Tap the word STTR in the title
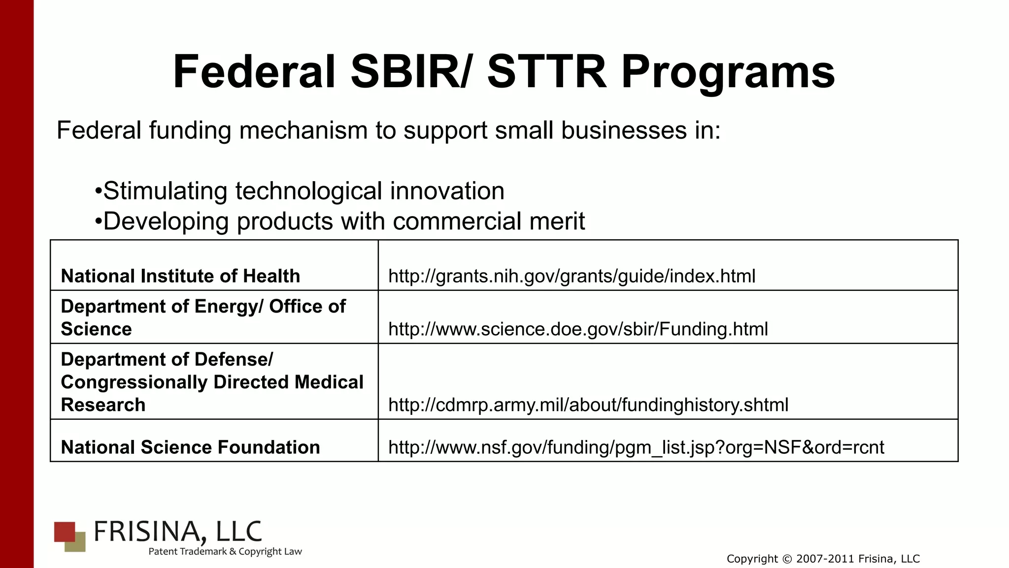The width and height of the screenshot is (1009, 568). click(x=546, y=72)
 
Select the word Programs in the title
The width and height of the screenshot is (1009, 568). click(x=728, y=72)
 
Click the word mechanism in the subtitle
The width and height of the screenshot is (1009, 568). click(x=303, y=130)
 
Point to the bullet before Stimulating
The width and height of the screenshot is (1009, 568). click(x=98, y=191)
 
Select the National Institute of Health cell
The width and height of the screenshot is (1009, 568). click(x=180, y=276)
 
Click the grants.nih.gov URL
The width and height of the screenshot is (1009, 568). click(x=572, y=276)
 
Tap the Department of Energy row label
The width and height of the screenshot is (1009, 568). click(x=203, y=317)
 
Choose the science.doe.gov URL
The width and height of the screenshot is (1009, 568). click(x=578, y=329)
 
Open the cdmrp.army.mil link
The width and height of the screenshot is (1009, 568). click(x=588, y=405)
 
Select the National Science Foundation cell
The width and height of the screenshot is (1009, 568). click(x=190, y=447)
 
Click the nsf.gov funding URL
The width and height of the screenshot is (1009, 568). click(x=636, y=447)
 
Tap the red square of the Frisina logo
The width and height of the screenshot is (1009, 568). click(x=64, y=531)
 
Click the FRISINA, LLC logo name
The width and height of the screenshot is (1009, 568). click(x=177, y=532)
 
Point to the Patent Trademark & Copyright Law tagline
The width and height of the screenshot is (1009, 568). click(x=225, y=552)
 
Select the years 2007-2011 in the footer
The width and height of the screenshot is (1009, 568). click(x=825, y=559)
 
